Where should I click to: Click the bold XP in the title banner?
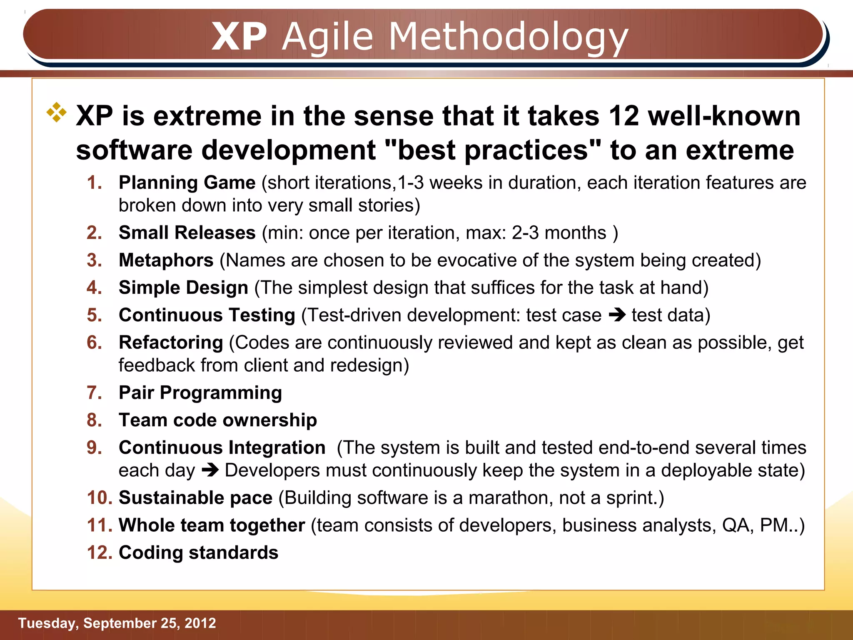(239, 37)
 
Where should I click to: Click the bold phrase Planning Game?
(187, 182)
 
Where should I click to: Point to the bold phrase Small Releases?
(187, 232)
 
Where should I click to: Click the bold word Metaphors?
(166, 260)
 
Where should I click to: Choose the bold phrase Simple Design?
(184, 287)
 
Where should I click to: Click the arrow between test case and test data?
(617, 315)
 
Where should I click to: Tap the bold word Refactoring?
(171, 342)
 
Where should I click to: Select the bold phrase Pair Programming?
(200, 392)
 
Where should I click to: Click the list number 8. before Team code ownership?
(95, 420)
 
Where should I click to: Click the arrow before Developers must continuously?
(210, 470)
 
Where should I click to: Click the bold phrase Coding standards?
(198, 553)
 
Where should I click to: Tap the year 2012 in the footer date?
(200, 623)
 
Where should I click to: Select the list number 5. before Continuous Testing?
(95, 315)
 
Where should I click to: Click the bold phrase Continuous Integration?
(222, 447)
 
